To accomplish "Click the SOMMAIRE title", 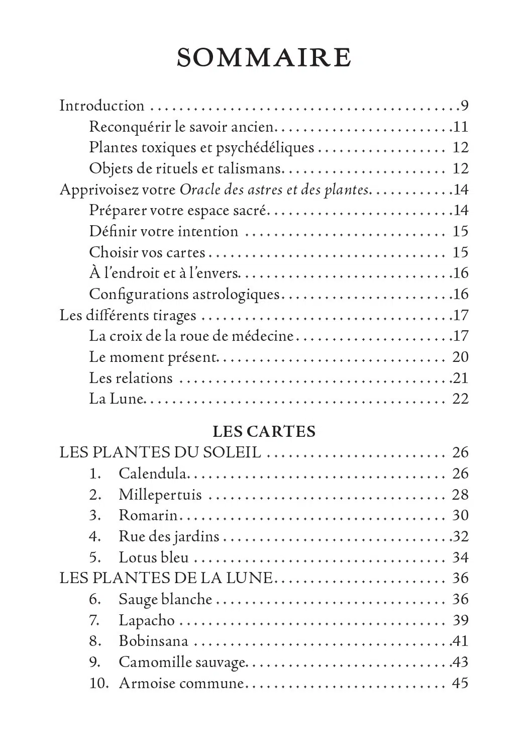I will tap(264, 58).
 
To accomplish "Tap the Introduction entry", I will tap(101, 106).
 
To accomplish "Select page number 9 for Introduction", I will tap(464, 106).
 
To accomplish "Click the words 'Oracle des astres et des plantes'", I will tap(274, 190).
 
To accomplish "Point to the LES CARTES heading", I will tap(264, 431).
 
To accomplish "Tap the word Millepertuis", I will tap(160, 495).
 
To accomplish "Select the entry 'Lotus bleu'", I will tap(153, 557).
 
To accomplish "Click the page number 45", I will tap(460, 683).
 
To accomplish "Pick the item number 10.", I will tap(99, 683).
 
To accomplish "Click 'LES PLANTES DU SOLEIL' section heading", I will tap(160, 452).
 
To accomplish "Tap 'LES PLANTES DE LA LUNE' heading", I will tap(166, 578).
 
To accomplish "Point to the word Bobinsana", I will tap(153, 641).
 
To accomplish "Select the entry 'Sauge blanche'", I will tap(165, 599).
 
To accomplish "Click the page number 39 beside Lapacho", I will tap(460, 620).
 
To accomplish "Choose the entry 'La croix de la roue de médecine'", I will tap(191, 335).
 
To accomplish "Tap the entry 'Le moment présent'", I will tap(153, 357).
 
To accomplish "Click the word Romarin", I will tap(148, 515).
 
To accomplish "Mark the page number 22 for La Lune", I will tap(460, 399).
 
